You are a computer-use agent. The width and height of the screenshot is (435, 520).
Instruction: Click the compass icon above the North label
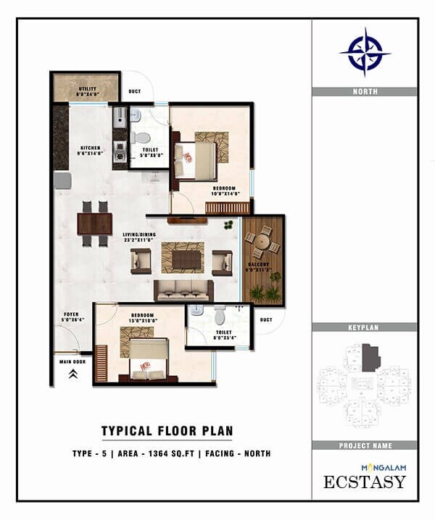[x=365, y=52]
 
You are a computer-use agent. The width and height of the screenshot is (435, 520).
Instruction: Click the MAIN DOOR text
[x=72, y=361]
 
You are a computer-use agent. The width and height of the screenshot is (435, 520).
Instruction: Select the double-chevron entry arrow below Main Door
[x=72, y=374]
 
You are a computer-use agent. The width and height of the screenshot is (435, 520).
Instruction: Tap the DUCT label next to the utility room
[x=134, y=92]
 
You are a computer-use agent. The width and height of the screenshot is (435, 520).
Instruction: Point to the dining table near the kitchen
[x=94, y=223]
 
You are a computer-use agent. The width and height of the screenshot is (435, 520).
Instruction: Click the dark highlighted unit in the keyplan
[x=371, y=358]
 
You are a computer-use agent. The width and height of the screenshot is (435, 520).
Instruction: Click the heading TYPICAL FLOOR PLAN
[x=167, y=431]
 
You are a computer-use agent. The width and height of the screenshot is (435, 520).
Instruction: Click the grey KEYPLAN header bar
[x=365, y=327]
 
